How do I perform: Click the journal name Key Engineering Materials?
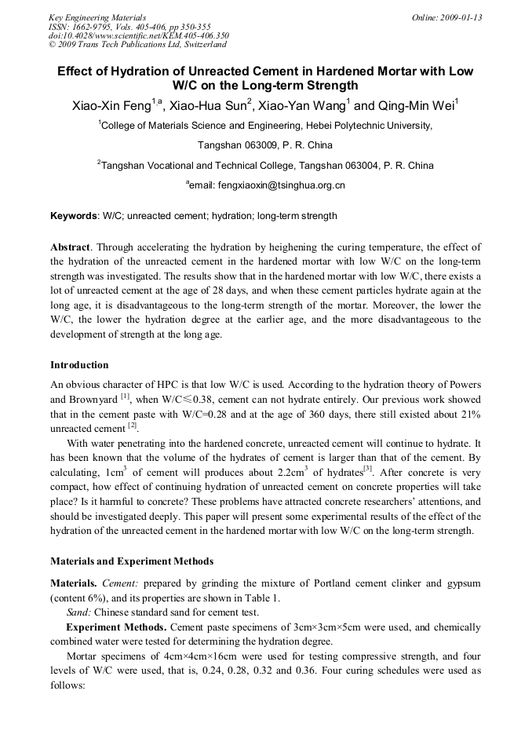point(97,17)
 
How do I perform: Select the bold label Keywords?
point(74,216)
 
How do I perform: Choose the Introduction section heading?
point(79,365)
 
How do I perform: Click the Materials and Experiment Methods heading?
point(132,561)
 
